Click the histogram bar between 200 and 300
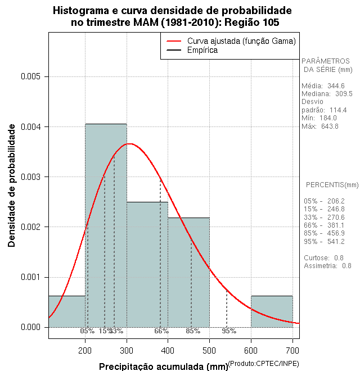(106, 225)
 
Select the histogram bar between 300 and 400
(147, 264)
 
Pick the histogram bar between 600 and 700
(272, 311)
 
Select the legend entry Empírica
(202, 50)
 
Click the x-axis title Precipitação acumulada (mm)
(163, 367)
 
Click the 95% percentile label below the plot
(229, 331)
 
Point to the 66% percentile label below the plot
(161, 331)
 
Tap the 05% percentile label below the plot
(87, 331)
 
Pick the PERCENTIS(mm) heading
(332, 185)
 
